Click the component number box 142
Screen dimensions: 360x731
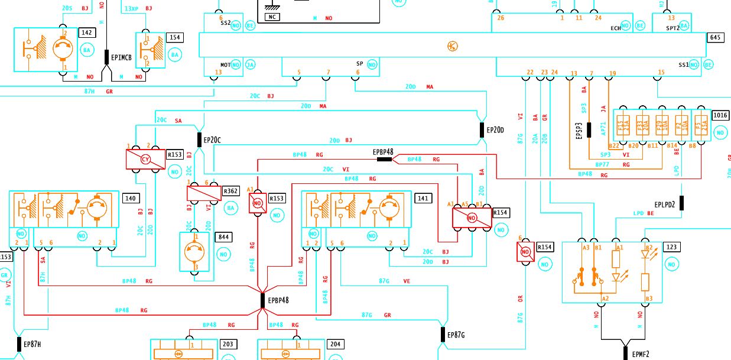click(x=87, y=33)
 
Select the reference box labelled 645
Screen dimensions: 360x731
click(x=715, y=37)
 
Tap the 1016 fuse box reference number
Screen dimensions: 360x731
click(x=720, y=115)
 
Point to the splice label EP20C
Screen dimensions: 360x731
click(x=212, y=140)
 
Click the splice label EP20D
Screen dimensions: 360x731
click(x=495, y=129)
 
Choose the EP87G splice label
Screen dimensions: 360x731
click(x=457, y=335)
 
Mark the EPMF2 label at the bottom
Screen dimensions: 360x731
click(x=641, y=355)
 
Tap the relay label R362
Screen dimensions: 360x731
click(x=230, y=191)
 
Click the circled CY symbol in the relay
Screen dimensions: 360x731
click(x=145, y=159)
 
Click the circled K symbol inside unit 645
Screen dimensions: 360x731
click(x=453, y=46)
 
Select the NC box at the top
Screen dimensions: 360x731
click(x=272, y=17)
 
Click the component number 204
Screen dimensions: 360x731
click(x=334, y=344)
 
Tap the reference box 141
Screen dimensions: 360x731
click(x=423, y=199)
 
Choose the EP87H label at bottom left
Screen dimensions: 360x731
click(x=32, y=344)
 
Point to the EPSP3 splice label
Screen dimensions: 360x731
click(x=579, y=131)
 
